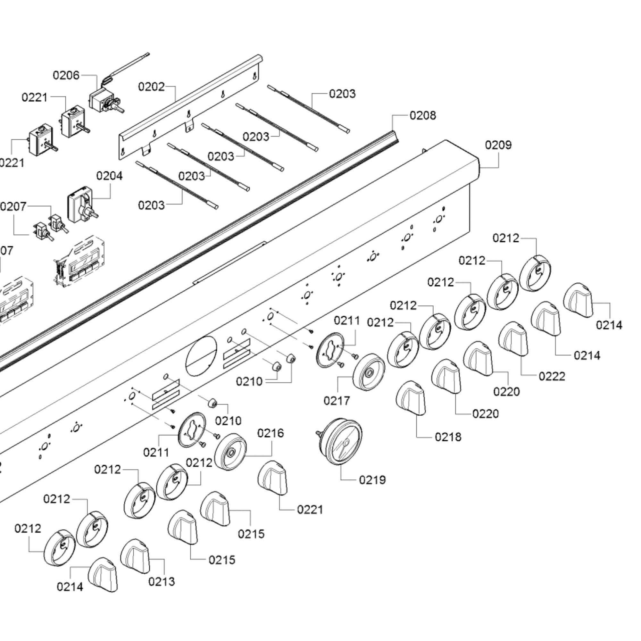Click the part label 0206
[x=66, y=75]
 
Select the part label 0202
[x=151, y=87]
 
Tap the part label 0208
[x=423, y=115]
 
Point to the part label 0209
[x=498, y=145]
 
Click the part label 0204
[x=109, y=176]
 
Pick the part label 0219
[x=372, y=480]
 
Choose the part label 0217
[x=337, y=401]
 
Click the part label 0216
[x=271, y=433]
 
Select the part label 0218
[x=448, y=437]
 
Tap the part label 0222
[x=552, y=376]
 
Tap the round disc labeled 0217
[x=369, y=372]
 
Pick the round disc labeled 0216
[x=230, y=452]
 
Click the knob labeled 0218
[x=411, y=398]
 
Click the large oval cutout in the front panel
[x=201, y=356]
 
